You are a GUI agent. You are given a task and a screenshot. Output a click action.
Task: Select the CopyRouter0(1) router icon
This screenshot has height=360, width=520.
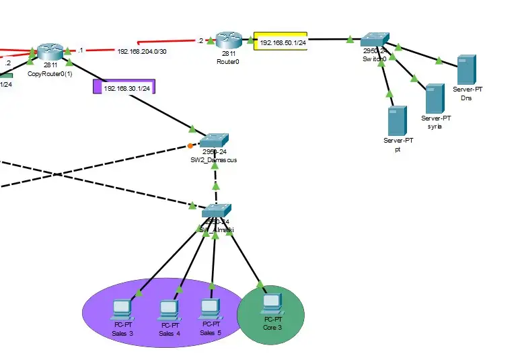coord(50,51)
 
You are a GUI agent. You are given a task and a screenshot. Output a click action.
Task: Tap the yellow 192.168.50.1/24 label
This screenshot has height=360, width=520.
coord(281,42)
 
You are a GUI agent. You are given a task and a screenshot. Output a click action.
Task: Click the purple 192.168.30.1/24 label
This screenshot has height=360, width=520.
coord(124,87)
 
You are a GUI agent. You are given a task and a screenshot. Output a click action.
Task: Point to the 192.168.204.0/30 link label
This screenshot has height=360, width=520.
coord(141,51)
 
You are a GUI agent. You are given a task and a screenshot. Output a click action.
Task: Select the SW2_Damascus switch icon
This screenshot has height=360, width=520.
coord(214,141)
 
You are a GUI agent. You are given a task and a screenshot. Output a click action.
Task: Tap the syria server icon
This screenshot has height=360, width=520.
coord(435,98)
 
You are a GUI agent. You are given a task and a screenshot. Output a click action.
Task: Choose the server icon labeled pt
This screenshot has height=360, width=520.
coord(397,120)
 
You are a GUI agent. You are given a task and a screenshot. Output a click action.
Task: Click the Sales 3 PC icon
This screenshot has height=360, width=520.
coord(121,310)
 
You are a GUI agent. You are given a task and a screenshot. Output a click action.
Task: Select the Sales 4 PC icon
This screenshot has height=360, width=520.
coord(168,310)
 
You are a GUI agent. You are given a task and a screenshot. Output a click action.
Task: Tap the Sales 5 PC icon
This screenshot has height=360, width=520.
coord(210,308)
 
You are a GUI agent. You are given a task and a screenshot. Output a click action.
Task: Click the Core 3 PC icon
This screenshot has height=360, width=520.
coord(271,303)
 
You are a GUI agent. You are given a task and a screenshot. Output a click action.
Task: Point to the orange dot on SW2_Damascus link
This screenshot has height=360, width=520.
coord(190,145)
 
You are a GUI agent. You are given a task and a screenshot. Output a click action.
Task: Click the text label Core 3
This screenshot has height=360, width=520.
coord(272,328)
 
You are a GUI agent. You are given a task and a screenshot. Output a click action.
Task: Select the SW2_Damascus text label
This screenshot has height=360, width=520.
coord(213,160)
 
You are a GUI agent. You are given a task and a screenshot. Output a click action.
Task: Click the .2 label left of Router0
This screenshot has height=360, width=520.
coord(200,41)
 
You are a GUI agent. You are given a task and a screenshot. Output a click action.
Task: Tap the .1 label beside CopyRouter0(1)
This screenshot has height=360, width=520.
coord(80,50)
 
